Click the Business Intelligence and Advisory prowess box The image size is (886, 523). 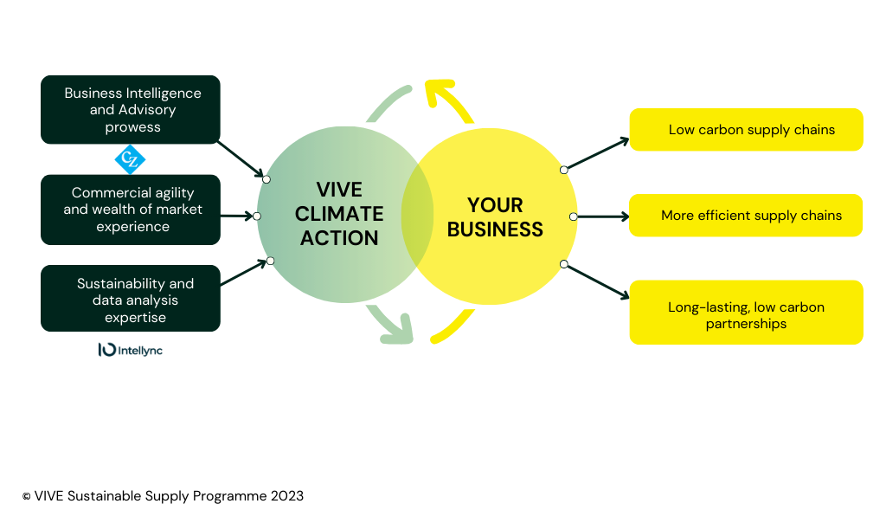pos(131,109)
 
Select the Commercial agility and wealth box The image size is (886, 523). pos(131,210)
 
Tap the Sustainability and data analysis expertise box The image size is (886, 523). pos(131,300)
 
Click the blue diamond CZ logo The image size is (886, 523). pos(131,160)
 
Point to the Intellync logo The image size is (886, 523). pos(130,350)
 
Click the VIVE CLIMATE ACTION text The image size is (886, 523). pos(338,214)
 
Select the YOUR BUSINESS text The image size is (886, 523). pos(495,217)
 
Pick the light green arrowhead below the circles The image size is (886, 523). pos(400,330)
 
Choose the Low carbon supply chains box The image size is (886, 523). pos(746,130)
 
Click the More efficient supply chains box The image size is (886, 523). pos(746,216)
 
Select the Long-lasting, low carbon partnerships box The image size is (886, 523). pos(746,315)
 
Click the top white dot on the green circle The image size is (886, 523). pos(266,179)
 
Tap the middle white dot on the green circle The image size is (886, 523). pos(256,216)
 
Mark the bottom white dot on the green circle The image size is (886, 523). pos(270,261)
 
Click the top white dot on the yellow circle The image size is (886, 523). pos(564,170)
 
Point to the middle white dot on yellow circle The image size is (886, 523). pos(574,216)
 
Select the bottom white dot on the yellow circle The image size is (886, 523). pos(564,264)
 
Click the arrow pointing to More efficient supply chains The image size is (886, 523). pos(603,216)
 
